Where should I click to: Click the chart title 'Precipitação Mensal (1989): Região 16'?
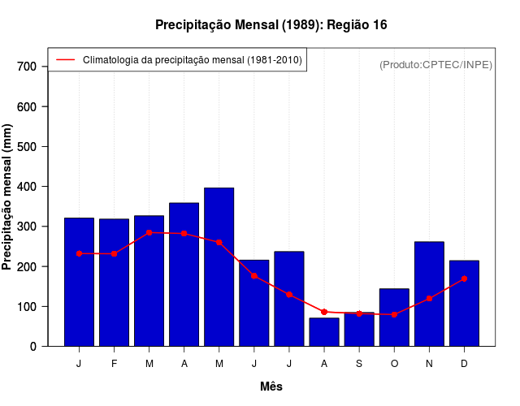(x=271, y=25)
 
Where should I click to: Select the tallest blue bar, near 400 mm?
(x=219, y=267)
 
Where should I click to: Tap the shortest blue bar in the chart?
(x=323, y=332)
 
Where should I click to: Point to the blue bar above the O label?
(x=394, y=317)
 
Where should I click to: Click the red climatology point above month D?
(x=464, y=279)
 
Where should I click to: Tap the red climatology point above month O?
(x=394, y=314)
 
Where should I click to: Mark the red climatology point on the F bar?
(x=114, y=254)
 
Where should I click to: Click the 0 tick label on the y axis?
(x=33, y=347)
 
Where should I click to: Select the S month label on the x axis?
(x=359, y=364)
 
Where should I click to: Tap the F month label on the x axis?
(x=114, y=364)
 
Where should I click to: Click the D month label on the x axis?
(x=464, y=364)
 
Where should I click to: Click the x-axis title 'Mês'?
(x=271, y=387)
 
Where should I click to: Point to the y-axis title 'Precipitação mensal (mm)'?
(x=8, y=197)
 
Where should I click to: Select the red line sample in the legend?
(x=65, y=60)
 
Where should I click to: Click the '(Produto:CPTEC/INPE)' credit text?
(x=436, y=64)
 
